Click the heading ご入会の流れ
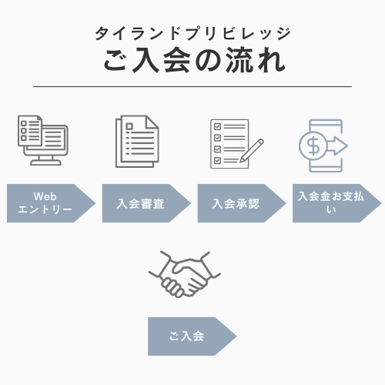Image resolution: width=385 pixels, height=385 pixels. pyautogui.click(x=194, y=60)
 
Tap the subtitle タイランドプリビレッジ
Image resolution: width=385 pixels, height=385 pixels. pyautogui.click(x=193, y=33)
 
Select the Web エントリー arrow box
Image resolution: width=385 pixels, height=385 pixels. pyautogui.click(x=51, y=203)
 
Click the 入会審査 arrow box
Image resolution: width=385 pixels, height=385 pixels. pyautogui.click(x=146, y=203)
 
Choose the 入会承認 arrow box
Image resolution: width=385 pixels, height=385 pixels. pyautogui.click(x=242, y=203)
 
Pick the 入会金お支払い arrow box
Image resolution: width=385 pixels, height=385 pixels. pyautogui.click(x=337, y=203)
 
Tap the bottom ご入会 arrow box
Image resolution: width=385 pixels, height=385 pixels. pyautogui.click(x=192, y=336)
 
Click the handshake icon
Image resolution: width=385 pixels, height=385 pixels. pyautogui.click(x=185, y=274)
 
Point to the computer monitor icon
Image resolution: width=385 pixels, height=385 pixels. pyautogui.click(x=43, y=140)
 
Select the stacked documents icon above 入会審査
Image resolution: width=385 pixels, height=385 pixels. pyautogui.click(x=137, y=142)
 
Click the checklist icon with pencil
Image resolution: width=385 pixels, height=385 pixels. pyautogui.click(x=237, y=144)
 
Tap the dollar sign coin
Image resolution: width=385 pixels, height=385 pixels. pyautogui.click(x=313, y=146)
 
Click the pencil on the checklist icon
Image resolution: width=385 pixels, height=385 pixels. pyautogui.click(x=252, y=150)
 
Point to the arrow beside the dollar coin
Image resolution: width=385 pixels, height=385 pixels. pyautogui.click(x=337, y=146)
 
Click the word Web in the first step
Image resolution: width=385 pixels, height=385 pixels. pyautogui.click(x=45, y=196)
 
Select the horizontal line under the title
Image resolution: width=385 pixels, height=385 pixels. pyautogui.click(x=192, y=87)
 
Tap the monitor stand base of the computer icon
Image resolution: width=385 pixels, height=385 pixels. pyautogui.click(x=46, y=162)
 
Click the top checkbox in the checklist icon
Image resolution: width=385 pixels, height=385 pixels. pyautogui.click(x=217, y=126)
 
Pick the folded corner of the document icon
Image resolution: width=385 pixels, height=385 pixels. pyautogui.click(x=152, y=122)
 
